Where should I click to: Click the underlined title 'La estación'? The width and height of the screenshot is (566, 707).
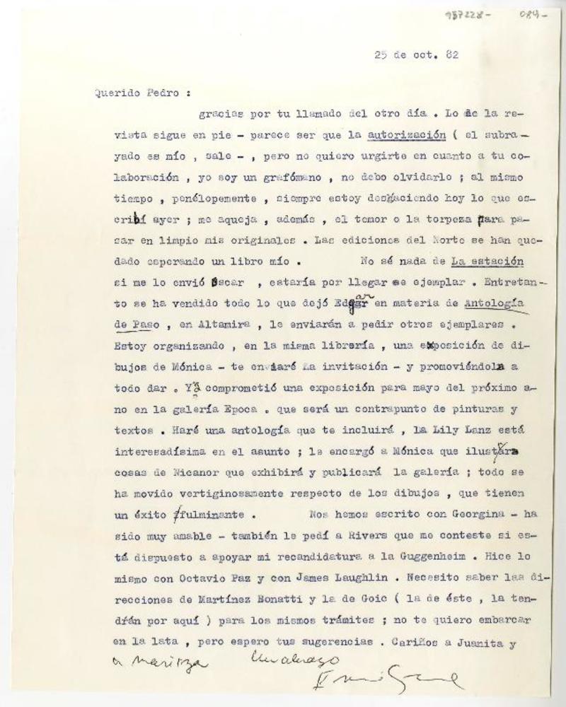(x=487, y=259)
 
